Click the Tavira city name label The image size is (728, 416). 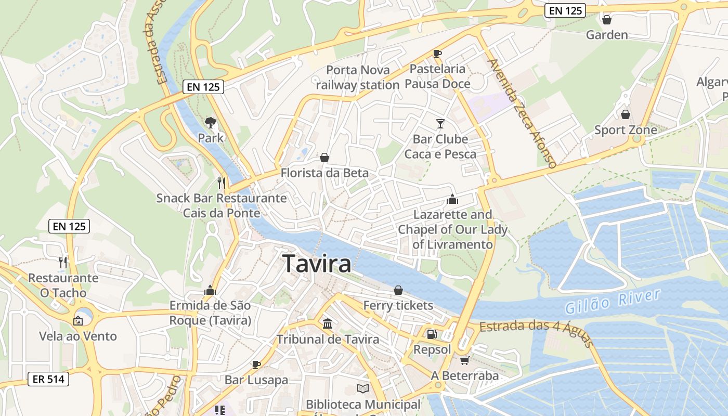[x=316, y=264]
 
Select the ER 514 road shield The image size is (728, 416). [x=48, y=379]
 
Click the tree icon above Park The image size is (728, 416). [x=211, y=123]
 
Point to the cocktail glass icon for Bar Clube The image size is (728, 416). [x=440, y=123]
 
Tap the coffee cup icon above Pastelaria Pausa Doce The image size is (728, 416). [x=437, y=53]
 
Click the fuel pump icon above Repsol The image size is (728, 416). [x=432, y=334]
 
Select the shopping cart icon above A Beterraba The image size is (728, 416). [x=464, y=360]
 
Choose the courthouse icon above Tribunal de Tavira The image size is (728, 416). [x=328, y=324]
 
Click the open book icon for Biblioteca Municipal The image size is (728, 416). [x=362, y=388]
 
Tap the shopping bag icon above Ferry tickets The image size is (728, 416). [x=398, y=290]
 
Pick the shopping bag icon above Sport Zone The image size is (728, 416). [x=625, y=114]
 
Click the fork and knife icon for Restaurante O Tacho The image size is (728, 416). [x=63, y=262]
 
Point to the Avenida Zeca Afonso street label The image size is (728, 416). [x=522, y=113]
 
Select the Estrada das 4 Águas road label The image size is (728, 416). [x=536, y=333]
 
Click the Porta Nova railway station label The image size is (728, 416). [x=357, y=77]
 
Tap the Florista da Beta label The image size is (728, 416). [x=324, y=173]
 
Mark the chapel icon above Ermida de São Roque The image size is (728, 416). [x=210, y=290]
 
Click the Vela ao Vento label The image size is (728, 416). [x=78, y=336]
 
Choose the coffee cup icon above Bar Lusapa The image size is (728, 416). [x=256, y=364]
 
